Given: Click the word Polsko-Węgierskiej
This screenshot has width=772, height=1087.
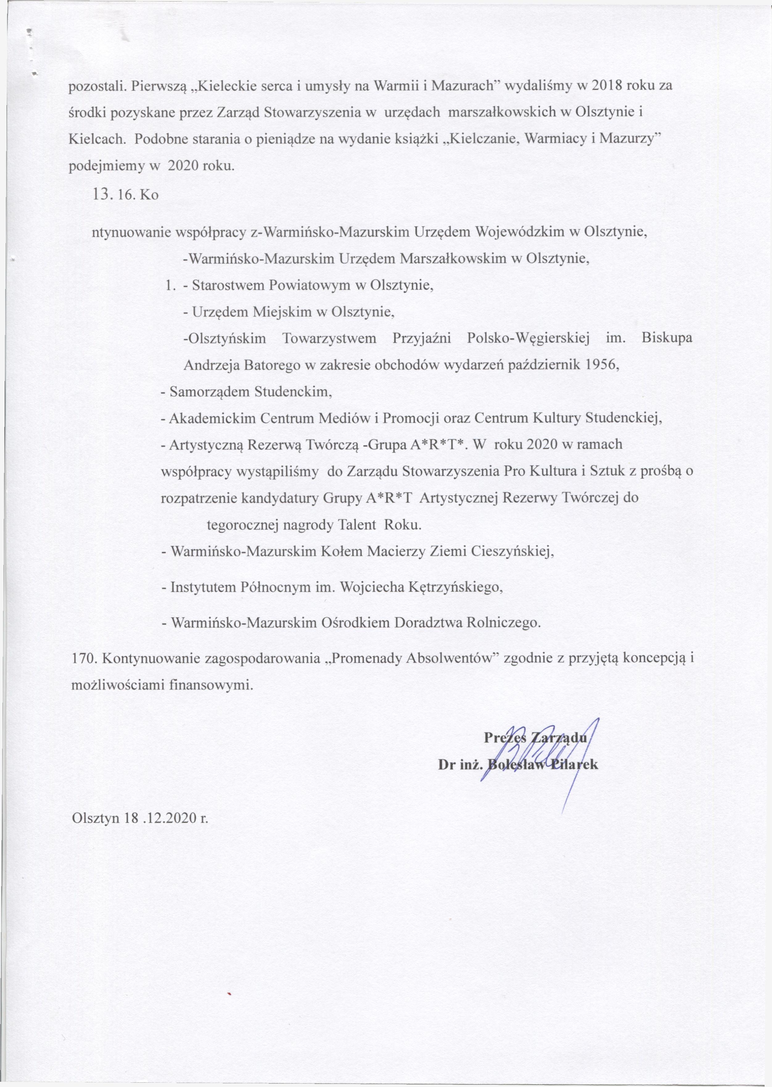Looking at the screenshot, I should click(x=528, y=339).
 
